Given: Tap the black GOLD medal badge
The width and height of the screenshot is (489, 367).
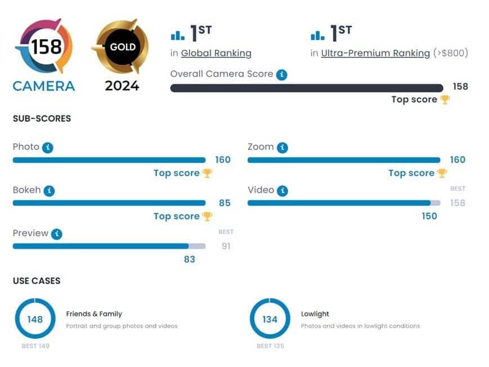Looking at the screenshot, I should tap(122, 47).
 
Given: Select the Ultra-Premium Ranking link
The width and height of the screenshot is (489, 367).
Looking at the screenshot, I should tap(375, 53).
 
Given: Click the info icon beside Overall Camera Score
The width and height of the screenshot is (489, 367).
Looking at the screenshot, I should tap(282, 74).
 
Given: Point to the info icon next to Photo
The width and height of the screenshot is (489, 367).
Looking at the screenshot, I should tap(48, 147).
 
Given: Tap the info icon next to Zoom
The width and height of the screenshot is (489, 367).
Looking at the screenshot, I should tap(282, 147).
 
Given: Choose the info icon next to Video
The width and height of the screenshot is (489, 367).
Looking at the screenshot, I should tap(282, 191).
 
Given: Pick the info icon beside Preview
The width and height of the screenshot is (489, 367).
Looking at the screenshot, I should tap(56, 234).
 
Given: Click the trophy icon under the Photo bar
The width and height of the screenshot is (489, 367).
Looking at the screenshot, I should tap(207, 173).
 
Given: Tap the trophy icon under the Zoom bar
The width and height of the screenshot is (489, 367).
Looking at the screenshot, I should tap(442, 173).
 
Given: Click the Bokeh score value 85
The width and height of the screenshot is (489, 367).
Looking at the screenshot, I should tap(225, 203).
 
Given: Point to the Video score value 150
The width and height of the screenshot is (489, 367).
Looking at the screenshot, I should tap(429, 216).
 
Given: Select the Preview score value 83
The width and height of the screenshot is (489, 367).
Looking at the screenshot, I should tap(189, 259).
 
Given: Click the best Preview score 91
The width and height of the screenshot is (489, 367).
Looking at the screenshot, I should tap(226, 246).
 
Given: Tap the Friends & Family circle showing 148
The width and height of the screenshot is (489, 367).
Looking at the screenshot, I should tap(35, 319).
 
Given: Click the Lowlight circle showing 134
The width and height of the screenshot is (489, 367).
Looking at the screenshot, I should tap(270, 319).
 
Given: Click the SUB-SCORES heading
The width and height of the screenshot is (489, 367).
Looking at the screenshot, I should tap(42, 119).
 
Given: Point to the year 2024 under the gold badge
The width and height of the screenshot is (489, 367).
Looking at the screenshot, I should tap(122, 86).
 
